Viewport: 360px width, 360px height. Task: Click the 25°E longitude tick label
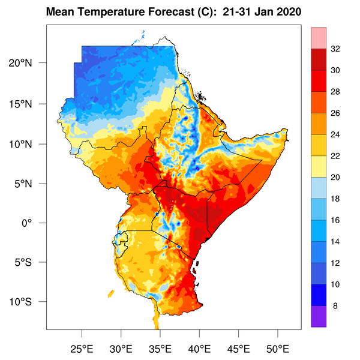(x=82, y=348)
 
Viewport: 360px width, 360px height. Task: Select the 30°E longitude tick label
(x=121, y=348)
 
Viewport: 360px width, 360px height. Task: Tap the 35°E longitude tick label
(x=160, y=348)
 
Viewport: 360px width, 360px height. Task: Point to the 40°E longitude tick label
(x=199, y=348)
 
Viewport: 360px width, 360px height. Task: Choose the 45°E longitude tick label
(x=238, y=348)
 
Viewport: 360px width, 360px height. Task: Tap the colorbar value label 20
(x=335, y=177)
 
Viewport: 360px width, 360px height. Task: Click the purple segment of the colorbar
(x=319, y=316)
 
